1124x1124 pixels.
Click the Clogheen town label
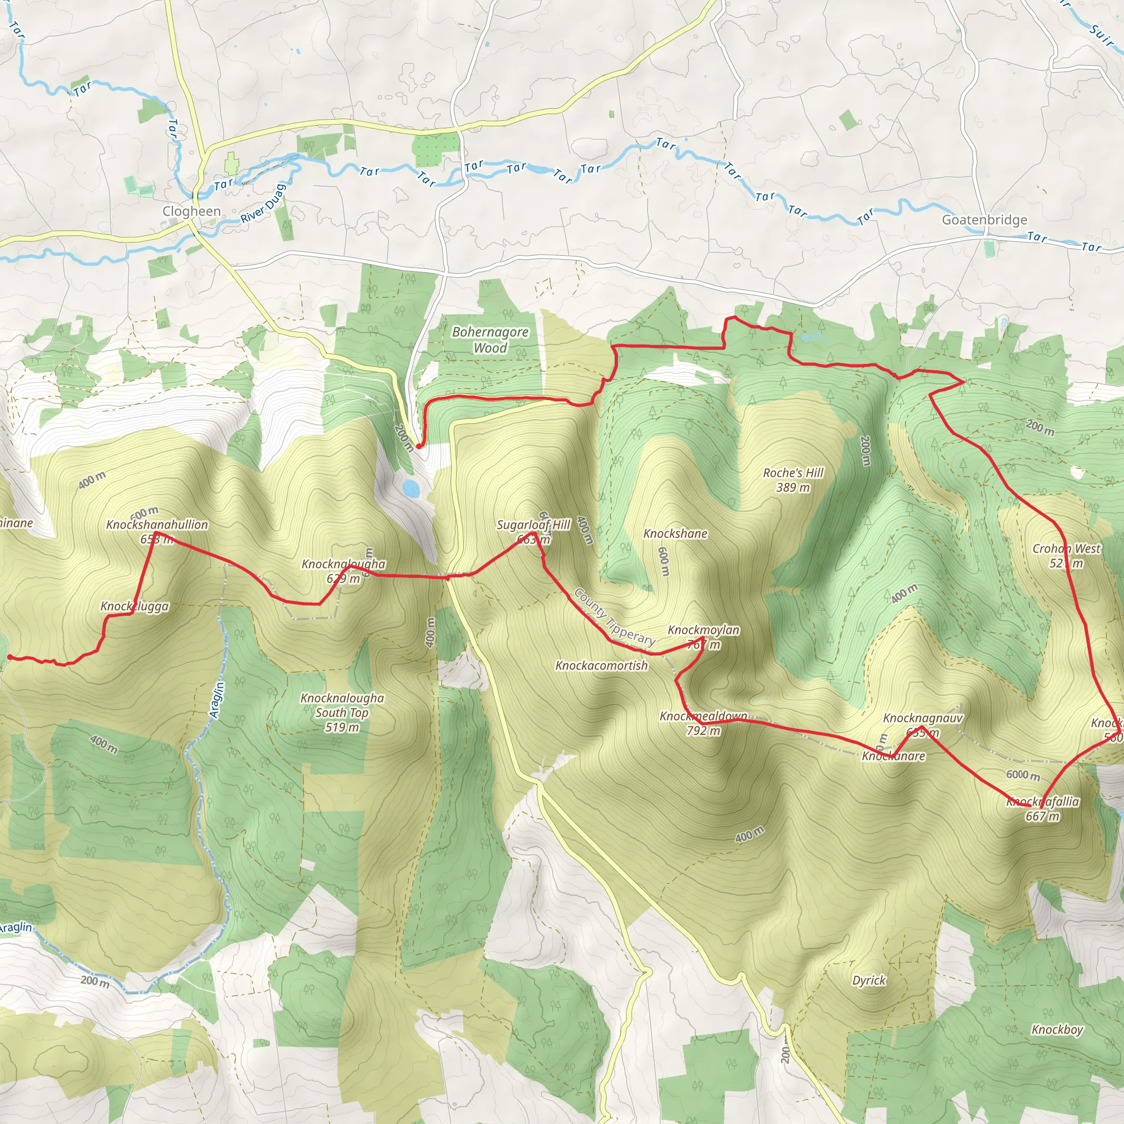pos(192,211)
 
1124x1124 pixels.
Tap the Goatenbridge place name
pos(985,220)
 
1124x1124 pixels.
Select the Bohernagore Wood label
pos(490,340)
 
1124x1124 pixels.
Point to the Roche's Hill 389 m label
pos(793,480)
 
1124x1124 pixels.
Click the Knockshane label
pos(675,533)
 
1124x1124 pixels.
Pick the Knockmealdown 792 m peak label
pos(703,723)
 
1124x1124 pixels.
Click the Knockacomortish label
pos(601,666)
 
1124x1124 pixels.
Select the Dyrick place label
pos(869,980)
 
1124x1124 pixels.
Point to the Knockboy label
pos(1057,1030)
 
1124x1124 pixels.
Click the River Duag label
pos(263,204)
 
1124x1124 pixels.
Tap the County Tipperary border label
pos(614,617)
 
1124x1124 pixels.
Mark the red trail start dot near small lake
pos(418,446)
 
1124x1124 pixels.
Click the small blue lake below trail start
pos(411,487)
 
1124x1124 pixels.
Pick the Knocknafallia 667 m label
pos(1043,808)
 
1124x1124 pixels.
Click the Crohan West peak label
pos(1066,555)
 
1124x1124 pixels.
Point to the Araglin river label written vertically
pos(216,699)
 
